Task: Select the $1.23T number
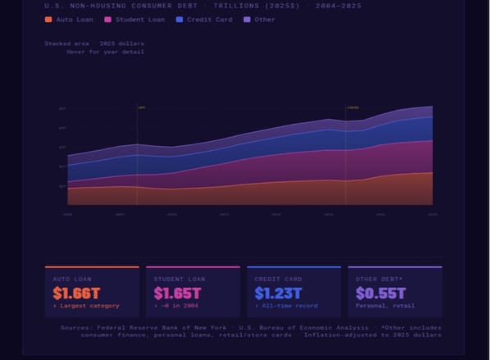point(277,292)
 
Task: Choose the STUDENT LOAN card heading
point(178,279)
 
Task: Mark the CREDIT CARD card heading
point(277,279)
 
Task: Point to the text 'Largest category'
point(89,306)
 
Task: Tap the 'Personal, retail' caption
point(385,306)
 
